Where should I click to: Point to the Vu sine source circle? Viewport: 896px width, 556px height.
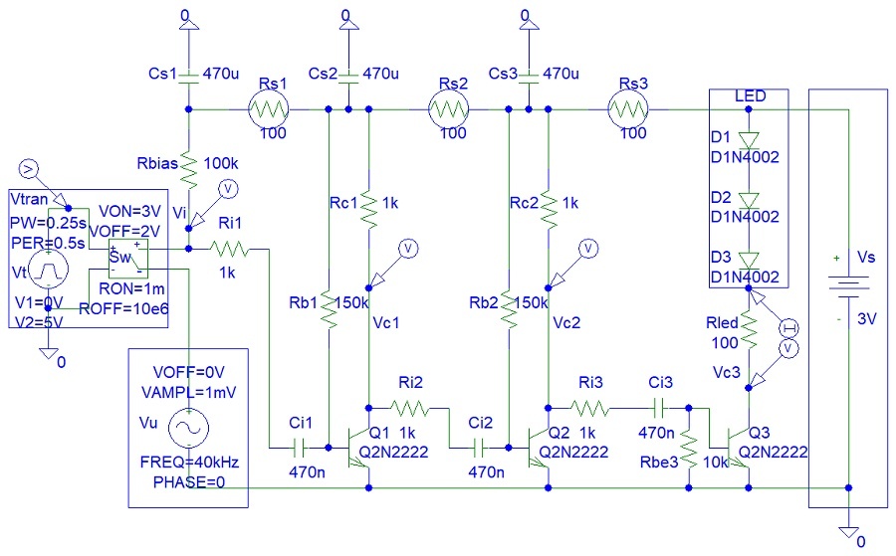[185, 429]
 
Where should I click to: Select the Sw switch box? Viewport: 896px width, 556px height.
[127, 259]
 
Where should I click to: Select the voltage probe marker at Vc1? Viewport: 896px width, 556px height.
[406, 248]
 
